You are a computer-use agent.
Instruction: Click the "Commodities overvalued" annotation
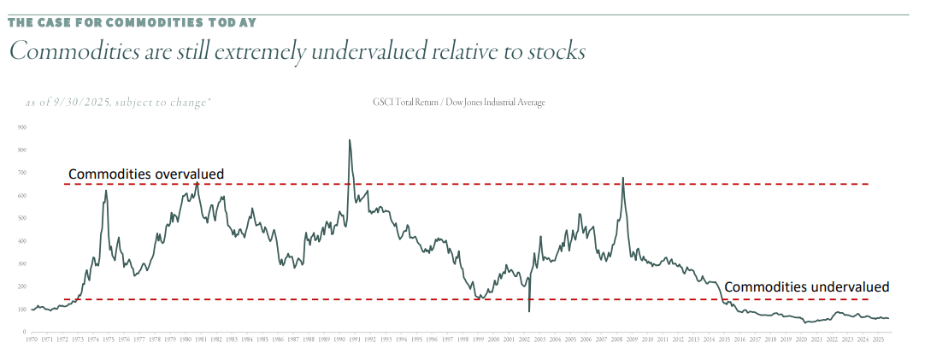point(145,174)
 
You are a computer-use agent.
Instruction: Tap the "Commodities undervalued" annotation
point(806,286)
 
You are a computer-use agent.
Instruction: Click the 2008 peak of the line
point(622,178)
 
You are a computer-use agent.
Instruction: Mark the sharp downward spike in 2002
point(529,310)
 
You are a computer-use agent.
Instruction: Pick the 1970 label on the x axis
point(32,340)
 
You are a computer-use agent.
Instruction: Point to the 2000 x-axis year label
point(493,340)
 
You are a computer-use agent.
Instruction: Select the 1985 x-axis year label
point(262,340)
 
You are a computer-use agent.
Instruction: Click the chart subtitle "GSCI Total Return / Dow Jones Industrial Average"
point(458,103)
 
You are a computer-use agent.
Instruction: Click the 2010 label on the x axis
point(648,340)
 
